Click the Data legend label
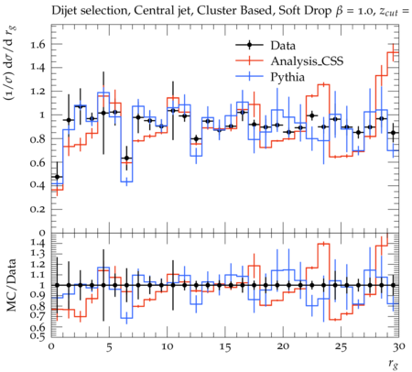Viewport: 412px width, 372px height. coord(283,46)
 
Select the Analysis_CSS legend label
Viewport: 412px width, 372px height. coord(307,61)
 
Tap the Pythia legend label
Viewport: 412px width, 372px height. coord(287,77)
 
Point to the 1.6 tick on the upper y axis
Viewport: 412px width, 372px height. coord(38,44)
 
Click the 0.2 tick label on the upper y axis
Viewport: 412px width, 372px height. coord(38,210)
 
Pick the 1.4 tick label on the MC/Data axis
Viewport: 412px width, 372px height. coord(38,244)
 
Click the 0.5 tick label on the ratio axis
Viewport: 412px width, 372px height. coord(38,336)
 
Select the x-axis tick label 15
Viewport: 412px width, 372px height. coord(225,347)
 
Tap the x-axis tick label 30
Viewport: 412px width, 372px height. coord(399,347)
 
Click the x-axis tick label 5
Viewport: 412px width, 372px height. coord(109,347)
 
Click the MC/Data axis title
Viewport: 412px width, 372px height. coord(12,285)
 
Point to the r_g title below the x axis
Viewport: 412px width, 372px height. coord(393,364)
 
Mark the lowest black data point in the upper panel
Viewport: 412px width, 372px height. coord(57,177)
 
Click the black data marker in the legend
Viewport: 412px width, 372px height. coord(249,45)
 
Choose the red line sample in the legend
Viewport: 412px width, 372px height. coord(249,60)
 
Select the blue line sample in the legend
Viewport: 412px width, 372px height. coord(249,76)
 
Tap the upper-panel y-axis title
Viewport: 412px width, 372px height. coord(11,63)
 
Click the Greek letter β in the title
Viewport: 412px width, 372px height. coord(339,12)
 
